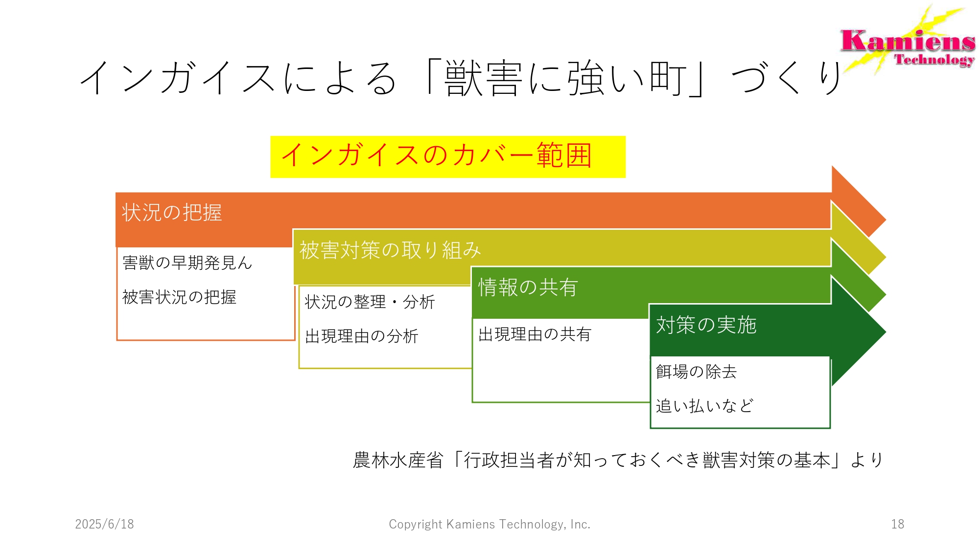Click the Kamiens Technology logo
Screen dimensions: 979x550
click(x=909, y=42)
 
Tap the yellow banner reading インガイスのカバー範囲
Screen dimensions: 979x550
click(x=448, y=157)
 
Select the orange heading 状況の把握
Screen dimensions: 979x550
click(x=172, y=213)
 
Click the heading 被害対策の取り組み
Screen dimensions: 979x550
click(x=390, y=250)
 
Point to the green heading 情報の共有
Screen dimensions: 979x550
click(x=528, y=287)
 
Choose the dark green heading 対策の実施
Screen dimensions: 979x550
click(x=706, y=325)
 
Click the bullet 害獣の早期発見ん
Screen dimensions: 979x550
click(x=187, y=263)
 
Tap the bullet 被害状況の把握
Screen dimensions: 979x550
click(x=180, y=297)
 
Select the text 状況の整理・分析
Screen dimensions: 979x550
click(x=370, y=302)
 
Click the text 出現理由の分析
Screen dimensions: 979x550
click(x=362, y=336)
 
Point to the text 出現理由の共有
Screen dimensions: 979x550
click(x=535, y=334)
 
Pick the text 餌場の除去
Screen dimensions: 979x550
click(x=696, y=372)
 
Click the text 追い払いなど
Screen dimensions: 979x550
click(x=704, y=406)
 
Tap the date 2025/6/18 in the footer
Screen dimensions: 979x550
click(x=104, y=524)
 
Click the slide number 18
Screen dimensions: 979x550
click(x=898, y=524)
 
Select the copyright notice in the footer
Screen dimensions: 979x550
click(x=489, y=524)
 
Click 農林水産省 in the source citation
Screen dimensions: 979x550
click(x=398, y=460)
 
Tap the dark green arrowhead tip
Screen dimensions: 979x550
click(x=886, y=331)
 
